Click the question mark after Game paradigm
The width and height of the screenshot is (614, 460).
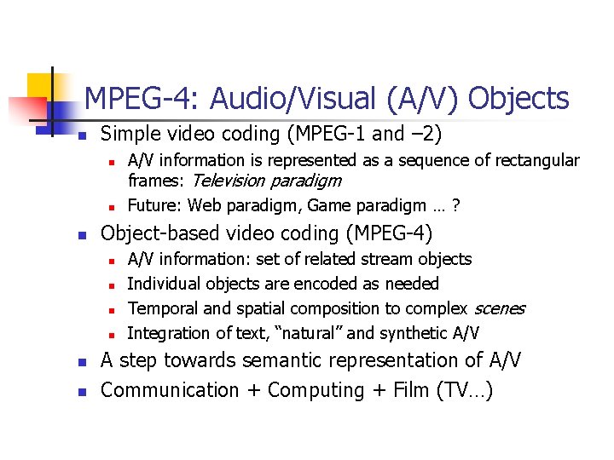[457, 205]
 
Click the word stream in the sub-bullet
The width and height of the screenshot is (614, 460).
[386, 259]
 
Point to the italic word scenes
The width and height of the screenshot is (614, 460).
[499, 308]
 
